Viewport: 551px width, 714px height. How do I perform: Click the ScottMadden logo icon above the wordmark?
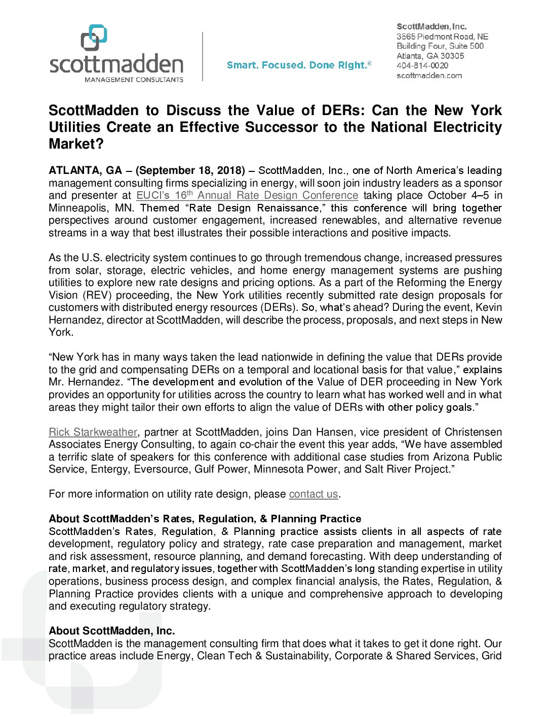click(x=94, y=38)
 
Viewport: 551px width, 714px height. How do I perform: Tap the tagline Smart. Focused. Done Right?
click(x=299, y=65)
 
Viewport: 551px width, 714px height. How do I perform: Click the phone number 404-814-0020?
click(x=422, y=65)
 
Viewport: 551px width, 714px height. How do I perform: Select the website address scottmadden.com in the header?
click(x=429, y=76)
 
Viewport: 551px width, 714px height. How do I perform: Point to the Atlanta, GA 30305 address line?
click(x=430, y=56)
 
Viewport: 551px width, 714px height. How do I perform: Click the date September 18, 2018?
click(x=190, y=170)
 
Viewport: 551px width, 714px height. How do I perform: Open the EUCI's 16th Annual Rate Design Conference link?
click(x=247, y=195)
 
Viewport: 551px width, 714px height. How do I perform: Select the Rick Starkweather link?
click(x=93, y=432)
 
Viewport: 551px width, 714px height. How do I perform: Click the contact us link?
click(x=313, y=494)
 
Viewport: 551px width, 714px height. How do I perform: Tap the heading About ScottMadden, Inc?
click(x=111, y=631)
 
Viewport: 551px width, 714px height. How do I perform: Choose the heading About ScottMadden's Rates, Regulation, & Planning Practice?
click(x=205, y=519)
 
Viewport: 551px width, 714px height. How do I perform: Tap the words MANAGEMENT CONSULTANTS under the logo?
click(x=134, y=80)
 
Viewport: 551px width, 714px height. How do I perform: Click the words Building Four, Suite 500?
click(x=440, y=46)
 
